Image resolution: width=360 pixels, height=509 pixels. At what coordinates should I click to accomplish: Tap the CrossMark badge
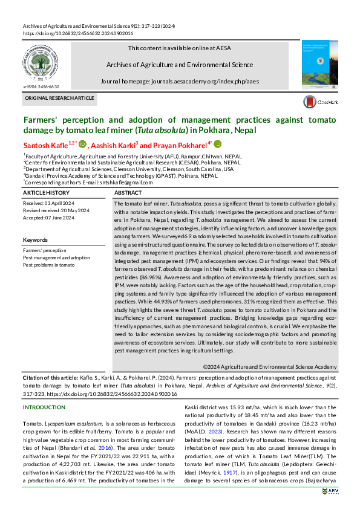pyautogui.click(x=319, y=103)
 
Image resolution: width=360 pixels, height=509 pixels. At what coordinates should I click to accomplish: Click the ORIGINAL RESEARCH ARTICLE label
pyautogui.click(x=59, y=98)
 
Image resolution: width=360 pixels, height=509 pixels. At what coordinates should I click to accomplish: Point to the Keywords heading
pyautogui.click(x=35, y=240)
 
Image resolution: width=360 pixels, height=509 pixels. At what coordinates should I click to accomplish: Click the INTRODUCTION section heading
pyautogui.click(x=44, y=407)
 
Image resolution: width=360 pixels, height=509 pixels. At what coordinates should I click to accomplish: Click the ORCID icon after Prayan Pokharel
pyautogui.click(x=217, y=144)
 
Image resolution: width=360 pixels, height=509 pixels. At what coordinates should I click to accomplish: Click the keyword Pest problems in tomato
pyautogui.click(x=49, y=265)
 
